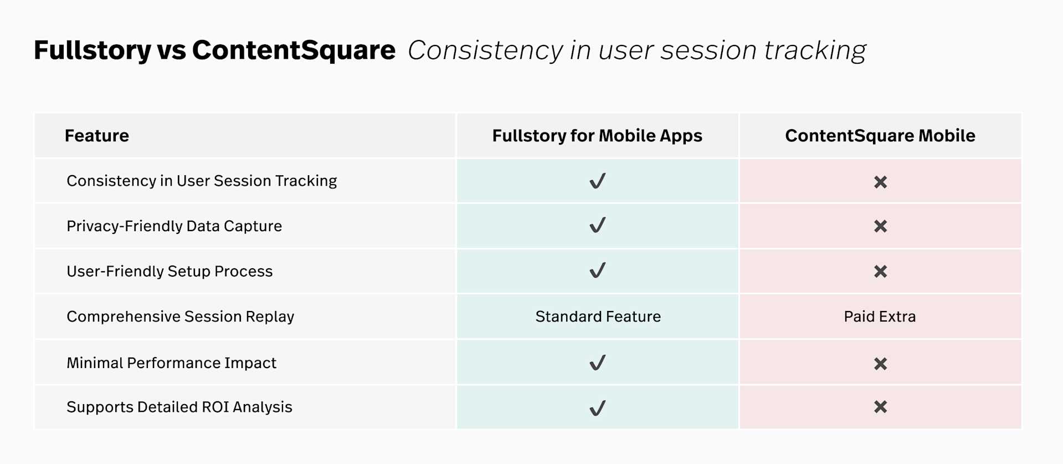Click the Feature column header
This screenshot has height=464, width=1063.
(97, 136)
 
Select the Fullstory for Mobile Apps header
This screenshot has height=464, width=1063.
(597, 136)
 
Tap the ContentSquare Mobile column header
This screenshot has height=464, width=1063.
(880, 136)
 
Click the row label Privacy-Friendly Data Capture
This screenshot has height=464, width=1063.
(174, 226)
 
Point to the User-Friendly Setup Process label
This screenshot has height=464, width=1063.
(170, 271)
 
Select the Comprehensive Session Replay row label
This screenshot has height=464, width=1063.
(181, 317)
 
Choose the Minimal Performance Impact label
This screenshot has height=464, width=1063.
(172, 363)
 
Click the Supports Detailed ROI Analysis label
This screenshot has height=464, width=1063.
(179, 407)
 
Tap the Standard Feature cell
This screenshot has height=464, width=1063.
(598, 317)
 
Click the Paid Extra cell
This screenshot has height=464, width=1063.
(880, 317)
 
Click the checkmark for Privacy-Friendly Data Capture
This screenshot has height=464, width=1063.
(598, 225)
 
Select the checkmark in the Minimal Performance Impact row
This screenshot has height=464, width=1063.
(598, 363)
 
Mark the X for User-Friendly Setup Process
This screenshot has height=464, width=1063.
(881, 272)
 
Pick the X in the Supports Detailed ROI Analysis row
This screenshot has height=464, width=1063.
(881, 407)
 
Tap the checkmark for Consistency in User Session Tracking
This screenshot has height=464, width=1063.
(598, 181)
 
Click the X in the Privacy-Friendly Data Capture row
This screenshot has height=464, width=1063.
(881, 226)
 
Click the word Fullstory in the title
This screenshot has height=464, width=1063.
(93, 50)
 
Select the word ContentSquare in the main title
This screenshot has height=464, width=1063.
(294, 50)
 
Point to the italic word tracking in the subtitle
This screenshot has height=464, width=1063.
(815, 50)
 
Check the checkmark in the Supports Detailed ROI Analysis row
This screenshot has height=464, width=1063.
(598, 408)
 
